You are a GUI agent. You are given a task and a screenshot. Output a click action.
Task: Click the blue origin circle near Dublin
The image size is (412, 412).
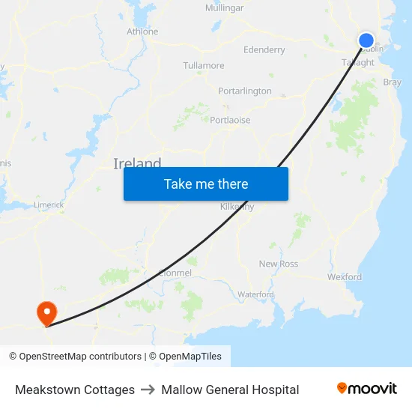(366, 40)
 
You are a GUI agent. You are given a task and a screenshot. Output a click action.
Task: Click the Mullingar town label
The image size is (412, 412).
(224, 8)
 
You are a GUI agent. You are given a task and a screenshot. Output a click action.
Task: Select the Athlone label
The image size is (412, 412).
(142, 31)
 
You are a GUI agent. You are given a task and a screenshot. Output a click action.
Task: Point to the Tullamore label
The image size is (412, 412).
(204, 66)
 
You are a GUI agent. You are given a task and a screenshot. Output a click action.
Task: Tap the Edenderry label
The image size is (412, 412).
(264, 50)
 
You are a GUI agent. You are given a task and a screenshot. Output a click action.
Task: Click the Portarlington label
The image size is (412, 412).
(245, 91)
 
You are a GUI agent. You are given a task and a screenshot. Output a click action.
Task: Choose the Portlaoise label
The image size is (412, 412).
(231, 120)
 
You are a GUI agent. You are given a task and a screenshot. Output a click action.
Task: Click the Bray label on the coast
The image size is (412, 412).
(392, 82)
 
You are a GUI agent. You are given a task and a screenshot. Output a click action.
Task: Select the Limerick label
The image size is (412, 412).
(49, 205)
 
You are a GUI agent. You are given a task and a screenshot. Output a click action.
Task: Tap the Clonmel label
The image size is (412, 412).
(175, 273)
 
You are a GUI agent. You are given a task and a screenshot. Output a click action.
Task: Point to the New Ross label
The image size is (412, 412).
(279, 264)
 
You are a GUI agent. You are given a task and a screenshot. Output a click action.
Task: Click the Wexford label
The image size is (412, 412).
(345, 277)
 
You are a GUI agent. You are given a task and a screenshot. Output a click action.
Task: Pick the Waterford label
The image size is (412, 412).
(256, 294)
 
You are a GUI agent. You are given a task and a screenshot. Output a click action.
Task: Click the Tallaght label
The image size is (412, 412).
(357, 63)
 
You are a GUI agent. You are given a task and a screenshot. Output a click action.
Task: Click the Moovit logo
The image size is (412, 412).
(367, 389)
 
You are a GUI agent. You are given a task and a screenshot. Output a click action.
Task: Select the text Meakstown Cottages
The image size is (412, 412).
(75, 390)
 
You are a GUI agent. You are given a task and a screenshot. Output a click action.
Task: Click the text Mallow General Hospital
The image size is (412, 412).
(230, 390)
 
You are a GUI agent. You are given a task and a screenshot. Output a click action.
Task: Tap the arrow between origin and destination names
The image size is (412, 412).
(148, 390)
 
